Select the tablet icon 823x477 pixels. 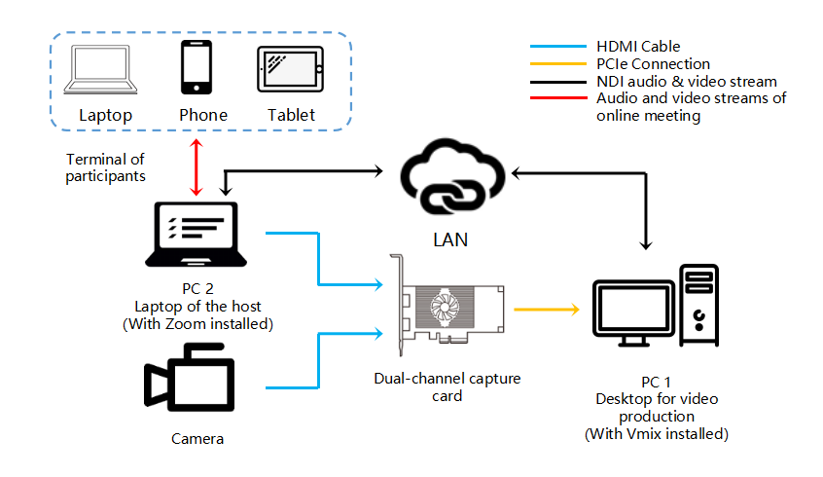(291, 69)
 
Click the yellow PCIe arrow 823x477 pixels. (546, 311)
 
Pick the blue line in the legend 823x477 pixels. (559, 46)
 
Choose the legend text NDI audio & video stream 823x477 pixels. (686, 82)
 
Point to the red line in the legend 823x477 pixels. (559, 98)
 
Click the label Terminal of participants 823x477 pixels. (105, 167)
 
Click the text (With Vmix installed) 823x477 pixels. (656, 433)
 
